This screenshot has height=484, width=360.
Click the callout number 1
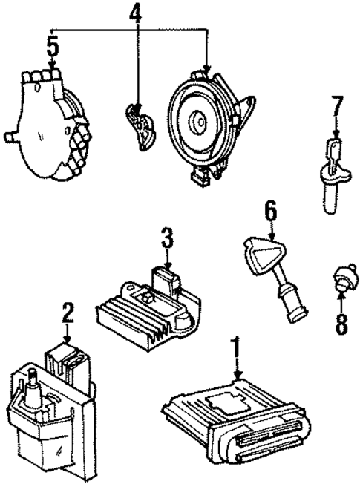pos(237,347)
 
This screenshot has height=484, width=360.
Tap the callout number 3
pos(168,239)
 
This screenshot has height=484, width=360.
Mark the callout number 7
pos(337,108)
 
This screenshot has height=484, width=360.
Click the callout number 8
pos(340,324)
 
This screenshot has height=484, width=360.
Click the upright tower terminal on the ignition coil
pos(33,386)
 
